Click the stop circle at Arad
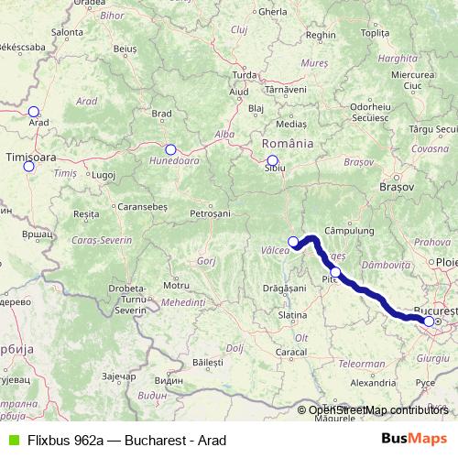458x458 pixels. click(x=34, y=112)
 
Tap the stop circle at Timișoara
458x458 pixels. click(x=28, y=166)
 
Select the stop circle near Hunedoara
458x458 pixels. click(x=170, y=149)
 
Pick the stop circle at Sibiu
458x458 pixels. click(x=272, y=160)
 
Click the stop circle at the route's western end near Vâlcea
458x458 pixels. click(x=294, y=243)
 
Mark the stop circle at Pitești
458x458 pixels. click(x=336, y=272)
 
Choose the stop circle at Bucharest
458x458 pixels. click(x=429, y=322)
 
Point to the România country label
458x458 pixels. click(x=288, y=144)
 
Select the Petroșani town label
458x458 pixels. click(x=210, y=213)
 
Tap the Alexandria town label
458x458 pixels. click(x=373, y=383)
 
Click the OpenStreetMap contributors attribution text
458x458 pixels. click(x=378, y=410)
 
